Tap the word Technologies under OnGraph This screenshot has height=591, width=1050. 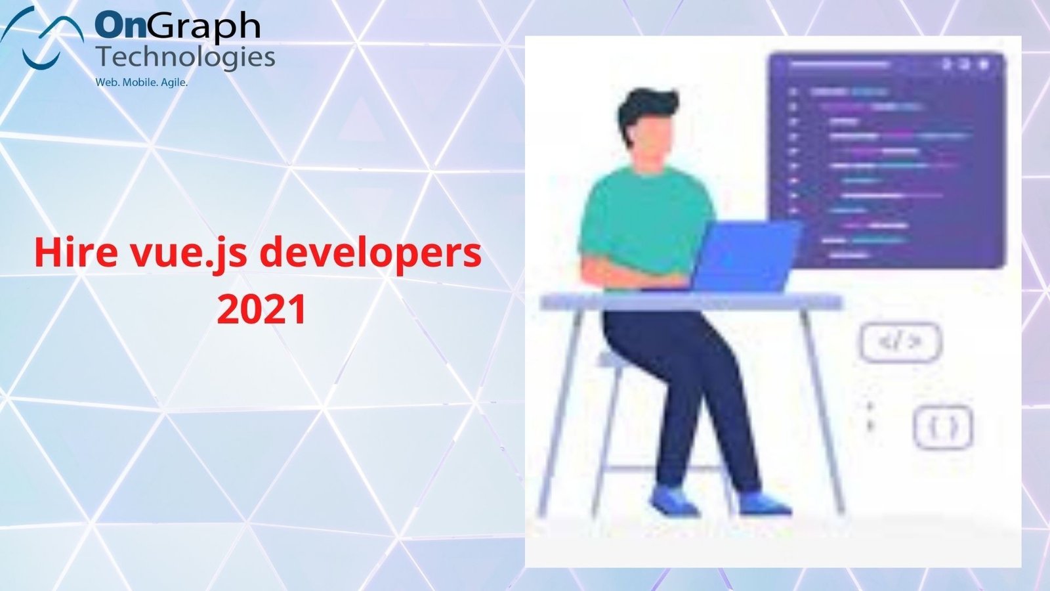[x=186, y=58]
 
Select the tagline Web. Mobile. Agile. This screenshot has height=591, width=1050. [x=142, y=82]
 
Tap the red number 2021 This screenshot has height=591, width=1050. [x=262, y=309]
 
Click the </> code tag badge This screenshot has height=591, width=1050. [x=900, y=342]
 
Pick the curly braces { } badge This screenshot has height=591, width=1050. [x=943, y=427]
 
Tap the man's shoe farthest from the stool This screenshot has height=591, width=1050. [x=765, y=503]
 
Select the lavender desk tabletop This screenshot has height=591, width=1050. [x=691, y=301]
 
